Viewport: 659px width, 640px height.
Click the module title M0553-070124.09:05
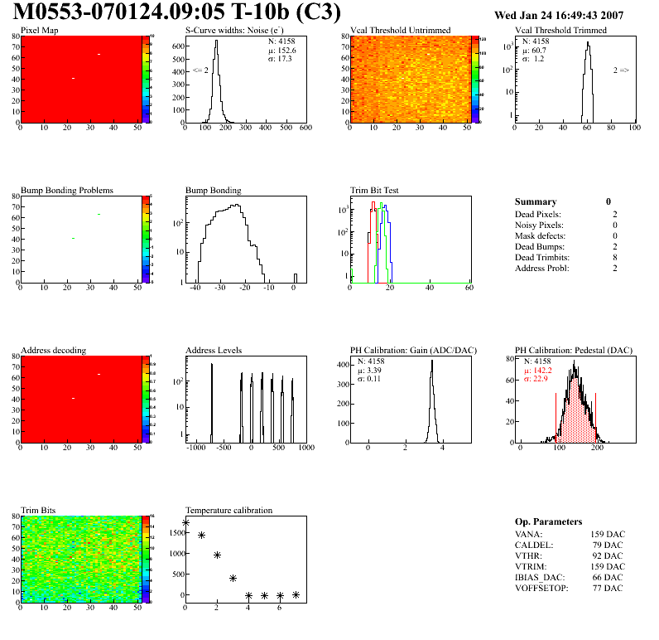tap(132, 14)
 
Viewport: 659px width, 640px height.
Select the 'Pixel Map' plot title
tap(40, 31)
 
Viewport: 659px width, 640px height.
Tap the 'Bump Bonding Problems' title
tap(67, 191)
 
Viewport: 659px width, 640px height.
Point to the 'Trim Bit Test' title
tap(375, 191)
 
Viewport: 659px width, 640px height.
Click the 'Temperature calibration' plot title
tap(229, 511)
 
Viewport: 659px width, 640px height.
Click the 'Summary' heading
tap(536, 201)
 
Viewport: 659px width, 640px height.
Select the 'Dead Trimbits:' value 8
tap(608, 258)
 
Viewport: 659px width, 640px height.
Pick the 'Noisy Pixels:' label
tap(539, 225)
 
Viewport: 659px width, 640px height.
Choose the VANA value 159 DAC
tap(605, 534)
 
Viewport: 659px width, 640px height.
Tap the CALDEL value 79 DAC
tap(608, 545)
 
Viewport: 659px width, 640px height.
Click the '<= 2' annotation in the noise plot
tap(200, 70)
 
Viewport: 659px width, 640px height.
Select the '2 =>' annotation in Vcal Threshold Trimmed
tap(621, 70)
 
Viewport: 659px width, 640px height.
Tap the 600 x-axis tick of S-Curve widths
tap(305, 128)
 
